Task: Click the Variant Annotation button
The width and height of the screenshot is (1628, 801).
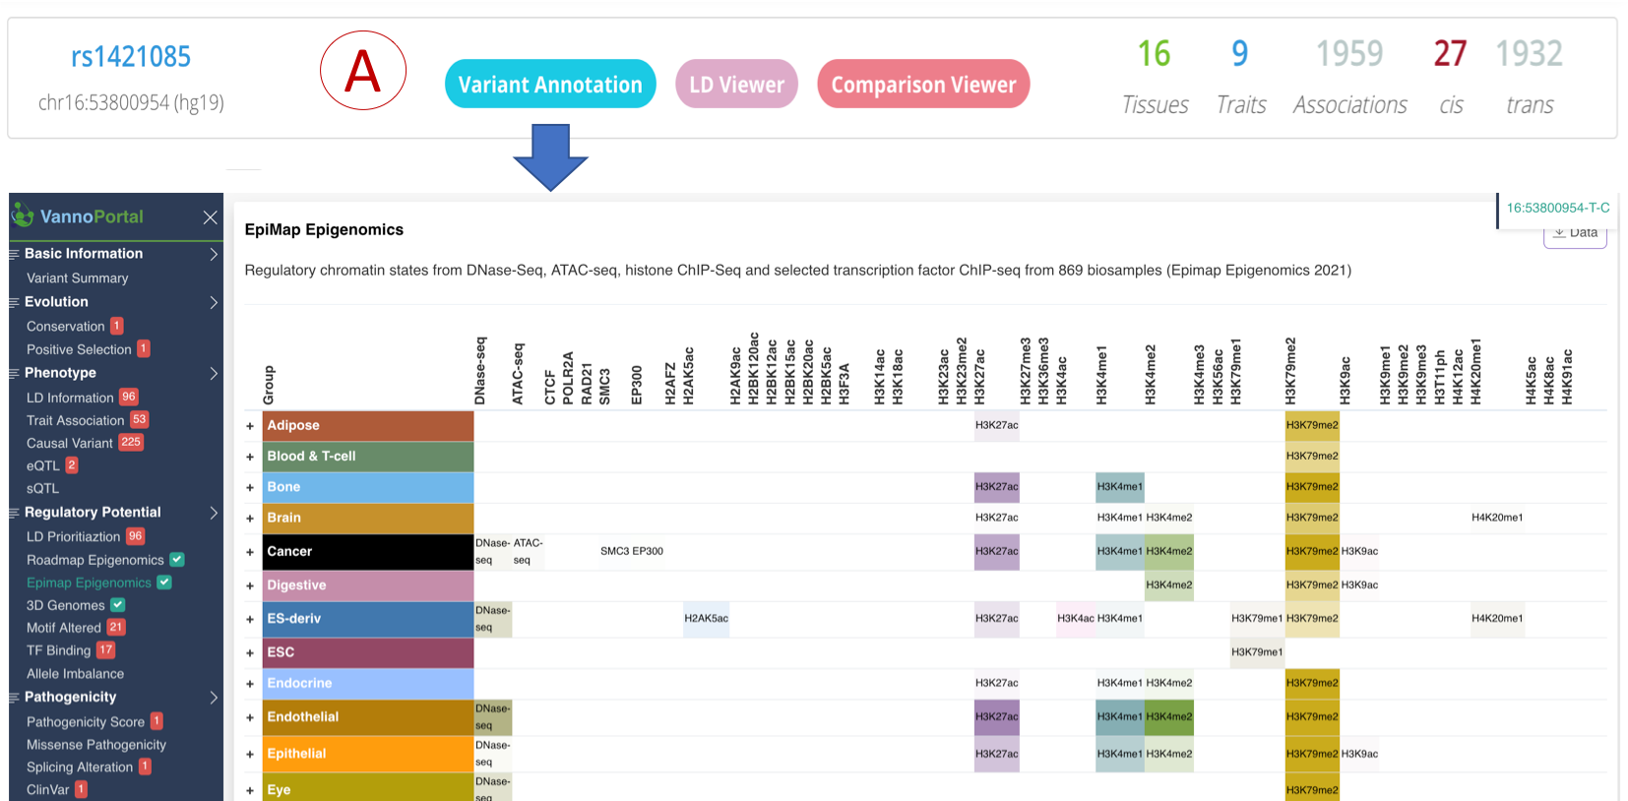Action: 550,85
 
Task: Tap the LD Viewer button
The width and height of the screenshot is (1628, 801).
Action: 736,85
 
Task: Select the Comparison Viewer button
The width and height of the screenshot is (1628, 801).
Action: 923,85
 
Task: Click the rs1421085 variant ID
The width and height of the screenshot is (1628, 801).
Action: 131,57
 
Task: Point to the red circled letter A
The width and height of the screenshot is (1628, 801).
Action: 362,71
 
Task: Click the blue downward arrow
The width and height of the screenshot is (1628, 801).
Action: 550,157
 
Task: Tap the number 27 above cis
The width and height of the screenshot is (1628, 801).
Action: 1450,54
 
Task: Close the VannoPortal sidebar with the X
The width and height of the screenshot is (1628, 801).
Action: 210,217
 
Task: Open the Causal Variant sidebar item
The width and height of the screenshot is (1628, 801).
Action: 70,443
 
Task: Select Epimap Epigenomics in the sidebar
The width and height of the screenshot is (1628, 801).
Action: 89,583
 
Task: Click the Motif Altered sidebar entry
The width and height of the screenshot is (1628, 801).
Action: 64,627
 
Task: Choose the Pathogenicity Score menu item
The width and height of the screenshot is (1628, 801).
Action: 86,721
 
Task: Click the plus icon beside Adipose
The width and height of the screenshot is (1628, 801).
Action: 250,426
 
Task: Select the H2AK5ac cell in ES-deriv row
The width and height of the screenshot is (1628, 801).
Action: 706,619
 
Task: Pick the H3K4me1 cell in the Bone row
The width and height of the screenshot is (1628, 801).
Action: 1120,487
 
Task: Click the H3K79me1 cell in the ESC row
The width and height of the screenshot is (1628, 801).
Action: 1257,652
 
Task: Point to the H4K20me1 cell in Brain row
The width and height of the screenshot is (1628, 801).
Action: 1497,518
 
